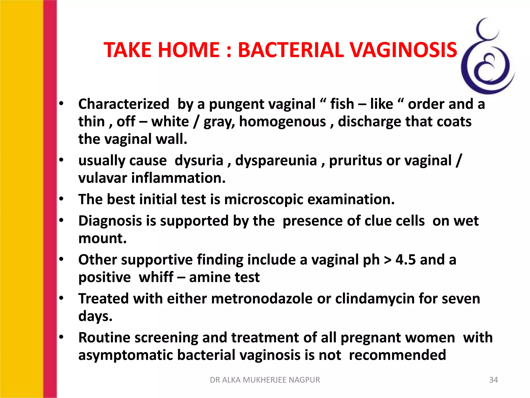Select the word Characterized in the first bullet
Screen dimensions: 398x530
click(124, 104)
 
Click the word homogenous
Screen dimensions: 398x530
click(282, 122)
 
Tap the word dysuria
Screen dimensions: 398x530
click(199, 160)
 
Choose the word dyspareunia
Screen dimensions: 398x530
click(276, 161)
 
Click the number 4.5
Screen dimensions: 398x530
click(406, 260)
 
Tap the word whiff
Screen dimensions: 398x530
click(156, 277)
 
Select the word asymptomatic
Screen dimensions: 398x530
click(126, 355)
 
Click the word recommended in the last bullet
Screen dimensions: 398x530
click(397, 355)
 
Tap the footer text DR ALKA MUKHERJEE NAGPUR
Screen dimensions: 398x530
click(265, 380)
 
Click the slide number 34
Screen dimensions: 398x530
click(493, 380)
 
